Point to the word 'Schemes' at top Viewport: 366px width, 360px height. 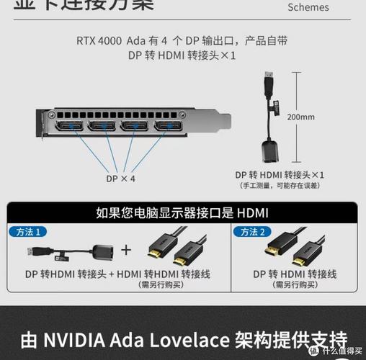(308, 8)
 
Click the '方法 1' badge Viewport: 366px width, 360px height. (27, 232)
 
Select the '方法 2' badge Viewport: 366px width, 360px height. (253, 232)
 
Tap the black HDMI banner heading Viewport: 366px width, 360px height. (182, 212)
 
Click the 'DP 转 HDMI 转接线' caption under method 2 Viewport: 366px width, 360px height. (296, 274)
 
